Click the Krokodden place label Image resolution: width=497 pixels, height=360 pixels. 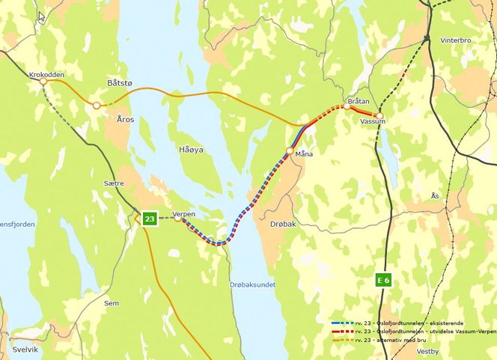tap(46, 76)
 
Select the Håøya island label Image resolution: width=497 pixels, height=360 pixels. tap(191, 150)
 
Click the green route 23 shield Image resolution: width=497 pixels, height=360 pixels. tap(150, 219)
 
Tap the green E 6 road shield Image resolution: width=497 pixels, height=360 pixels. tap(383, 280)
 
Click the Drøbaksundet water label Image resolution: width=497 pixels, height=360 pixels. tap(252, 285)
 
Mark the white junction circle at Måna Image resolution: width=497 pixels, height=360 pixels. tap(289, 151)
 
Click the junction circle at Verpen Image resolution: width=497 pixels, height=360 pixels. tap(178, 219)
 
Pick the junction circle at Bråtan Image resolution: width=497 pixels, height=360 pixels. tap(347, 106)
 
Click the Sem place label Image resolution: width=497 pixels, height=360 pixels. tap(112, 303)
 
